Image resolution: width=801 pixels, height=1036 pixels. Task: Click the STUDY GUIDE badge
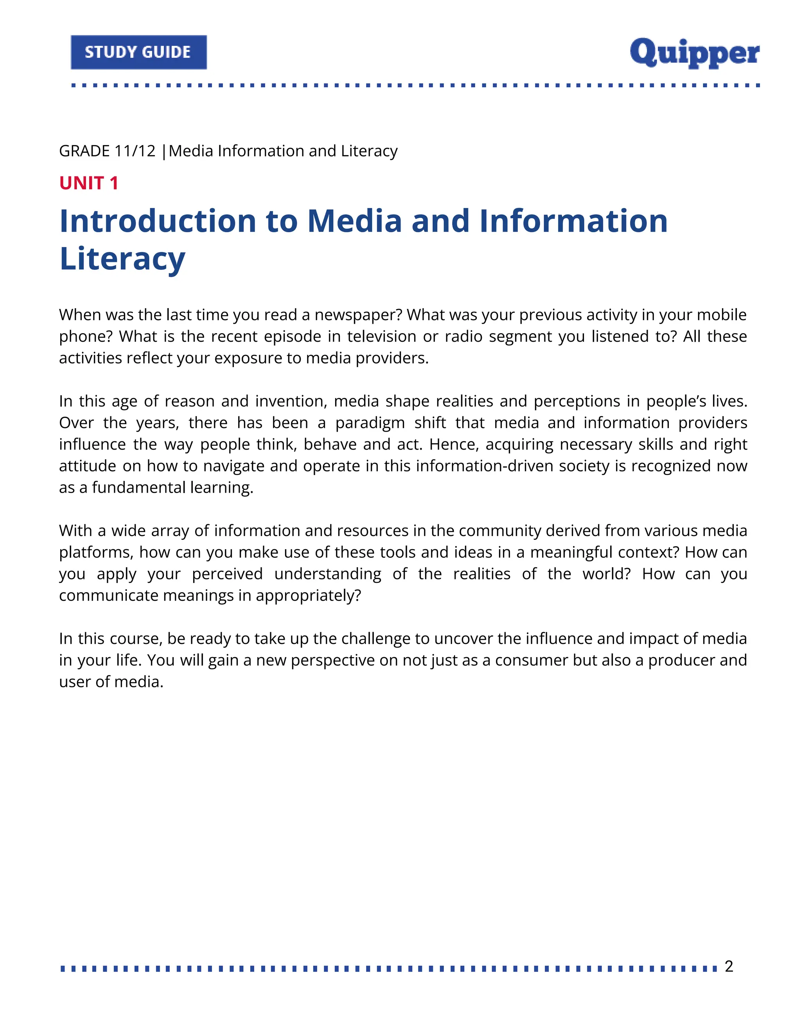point(138,52)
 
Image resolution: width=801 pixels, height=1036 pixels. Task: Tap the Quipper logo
point(694,53)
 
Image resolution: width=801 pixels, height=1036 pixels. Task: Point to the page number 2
point(729,966)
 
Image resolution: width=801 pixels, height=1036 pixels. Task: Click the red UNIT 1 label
point(89,183)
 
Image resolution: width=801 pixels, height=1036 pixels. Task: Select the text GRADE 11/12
point(107,151)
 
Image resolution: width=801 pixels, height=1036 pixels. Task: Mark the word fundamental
point(138,488)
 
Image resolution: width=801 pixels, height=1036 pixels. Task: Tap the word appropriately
point(309,595)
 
